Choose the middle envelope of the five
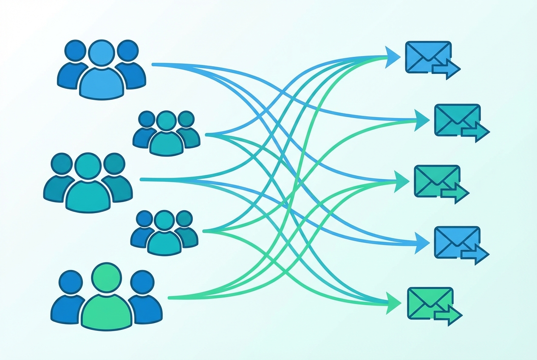click(x=436, y=180)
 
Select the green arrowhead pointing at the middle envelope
click(x=402, y=180)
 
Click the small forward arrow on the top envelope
click(x=446, y=68)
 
